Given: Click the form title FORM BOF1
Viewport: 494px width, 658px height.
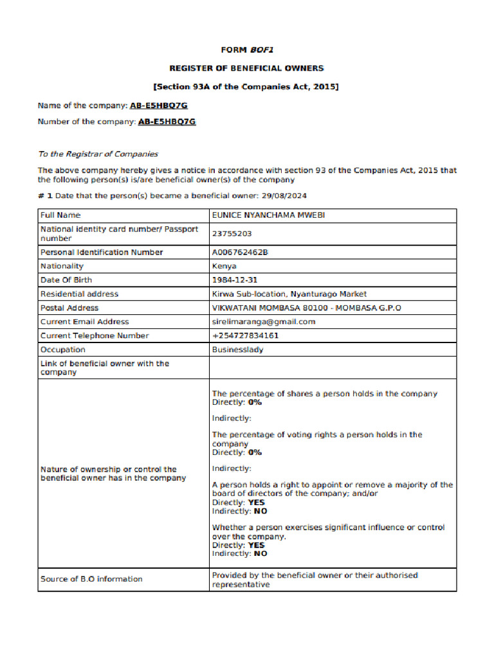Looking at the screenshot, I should point(246,49).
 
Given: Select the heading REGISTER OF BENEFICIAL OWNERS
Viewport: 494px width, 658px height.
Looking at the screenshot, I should point(246,68).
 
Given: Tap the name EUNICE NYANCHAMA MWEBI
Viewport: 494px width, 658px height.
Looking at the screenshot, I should point(268,215).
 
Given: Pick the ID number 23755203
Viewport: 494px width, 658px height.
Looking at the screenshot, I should point(232,234).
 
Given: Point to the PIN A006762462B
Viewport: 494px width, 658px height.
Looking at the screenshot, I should point(240,253).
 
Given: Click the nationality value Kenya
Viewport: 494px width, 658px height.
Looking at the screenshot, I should point(224,266).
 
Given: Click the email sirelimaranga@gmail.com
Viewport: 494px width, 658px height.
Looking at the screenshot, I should point(264,322).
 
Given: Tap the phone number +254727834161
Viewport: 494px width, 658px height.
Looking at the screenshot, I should point(245,335).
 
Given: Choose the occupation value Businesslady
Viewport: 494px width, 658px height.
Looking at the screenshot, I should point(237,350).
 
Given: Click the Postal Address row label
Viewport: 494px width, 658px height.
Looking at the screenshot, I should point(69,308).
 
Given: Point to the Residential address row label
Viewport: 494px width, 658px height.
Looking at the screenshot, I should point(79,294).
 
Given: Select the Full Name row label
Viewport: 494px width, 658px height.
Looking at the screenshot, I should point(60,215).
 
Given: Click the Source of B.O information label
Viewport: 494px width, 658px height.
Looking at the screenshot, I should point(91,579).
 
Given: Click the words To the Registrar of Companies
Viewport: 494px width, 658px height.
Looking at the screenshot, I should point(98,154).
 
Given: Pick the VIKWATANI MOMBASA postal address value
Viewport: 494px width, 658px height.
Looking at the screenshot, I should point(306,308).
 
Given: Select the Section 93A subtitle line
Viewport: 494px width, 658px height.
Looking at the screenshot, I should point(246,87).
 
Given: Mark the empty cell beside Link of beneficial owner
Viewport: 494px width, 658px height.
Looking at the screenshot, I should point(332,368).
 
